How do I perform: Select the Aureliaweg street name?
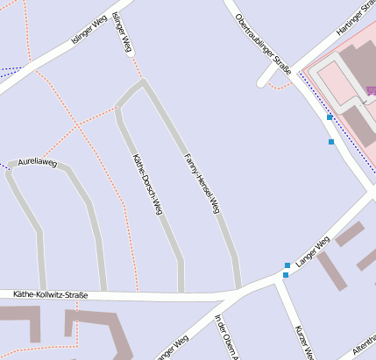pos(37,163)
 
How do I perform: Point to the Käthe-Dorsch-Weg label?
pos(147,184)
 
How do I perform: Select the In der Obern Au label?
pos(226,337)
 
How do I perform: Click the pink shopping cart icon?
pos(371,89)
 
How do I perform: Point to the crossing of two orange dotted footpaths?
pos(77,125)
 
